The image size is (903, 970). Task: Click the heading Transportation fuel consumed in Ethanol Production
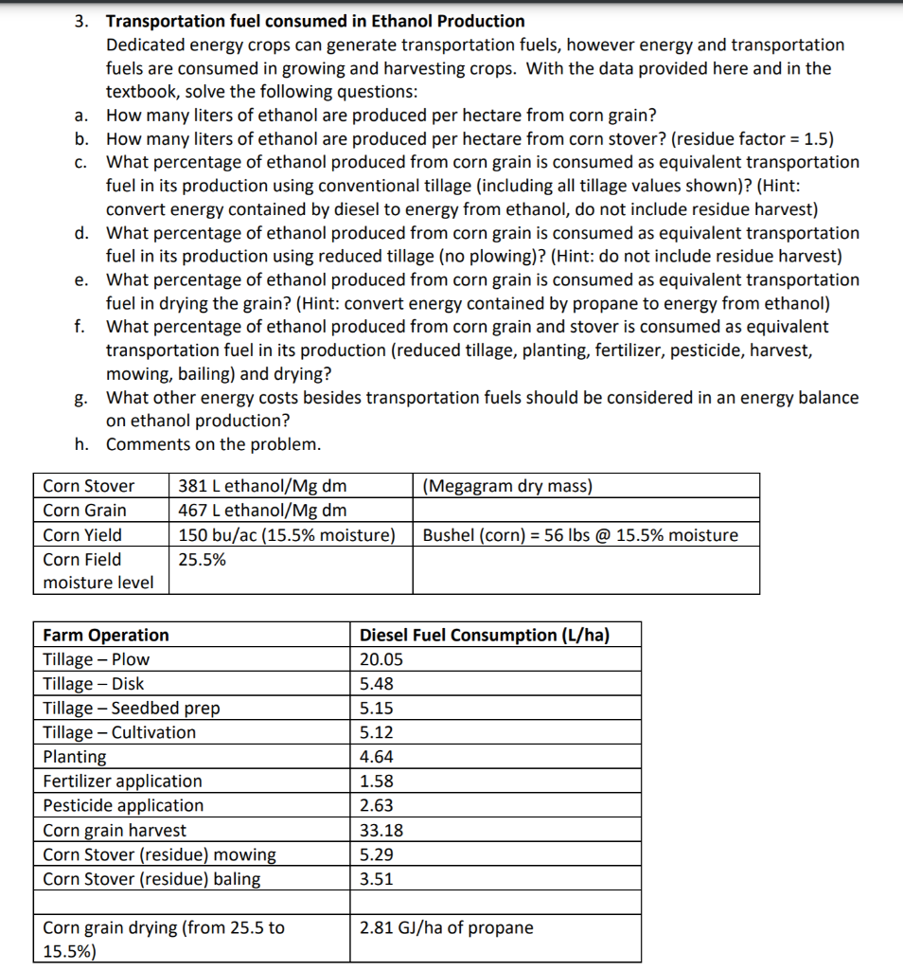(x=315, y=21)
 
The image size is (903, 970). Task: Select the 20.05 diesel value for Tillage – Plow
(x=381, y=659)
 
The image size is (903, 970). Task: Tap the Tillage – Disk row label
(x=94, y=684)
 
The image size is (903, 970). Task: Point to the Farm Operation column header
(x=106, y=635)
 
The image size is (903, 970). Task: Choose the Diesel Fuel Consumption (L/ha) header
(x=484, y=635)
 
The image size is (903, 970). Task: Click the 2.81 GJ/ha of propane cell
(x=446, y=927)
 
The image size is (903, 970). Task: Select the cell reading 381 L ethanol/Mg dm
(x=262, y=486)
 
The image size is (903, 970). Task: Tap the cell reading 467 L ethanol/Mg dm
(x=262, y=511)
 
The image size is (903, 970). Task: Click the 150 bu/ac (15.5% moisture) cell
(x=287, y=535)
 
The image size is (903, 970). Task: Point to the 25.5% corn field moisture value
(x=202, y=560)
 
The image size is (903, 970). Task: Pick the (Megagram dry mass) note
(x=507, y=486)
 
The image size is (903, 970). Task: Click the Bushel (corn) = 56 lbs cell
(x=579, y=535)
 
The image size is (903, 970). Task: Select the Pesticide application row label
(x=123, y=806)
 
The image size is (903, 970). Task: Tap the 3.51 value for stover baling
(x=376, y=879)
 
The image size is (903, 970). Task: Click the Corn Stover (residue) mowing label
(x=159, y=854)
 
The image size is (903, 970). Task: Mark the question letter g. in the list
(x=82, y=398)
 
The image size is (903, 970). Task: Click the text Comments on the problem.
(x=213, y=444)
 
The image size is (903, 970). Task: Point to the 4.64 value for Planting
(x=376, y=757)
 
